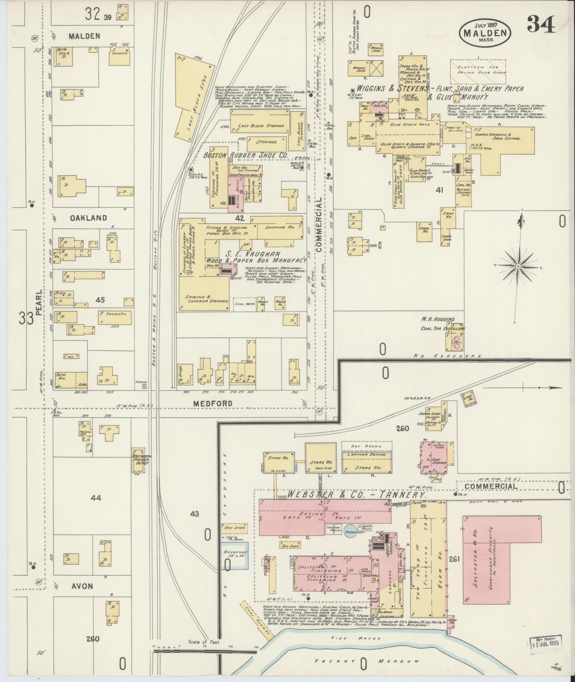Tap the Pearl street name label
point(39,301)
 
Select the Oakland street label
point(88,218)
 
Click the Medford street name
point(213,403)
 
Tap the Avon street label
point(82,586)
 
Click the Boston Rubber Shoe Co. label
point(245,155)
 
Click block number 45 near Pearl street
point(100,300)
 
